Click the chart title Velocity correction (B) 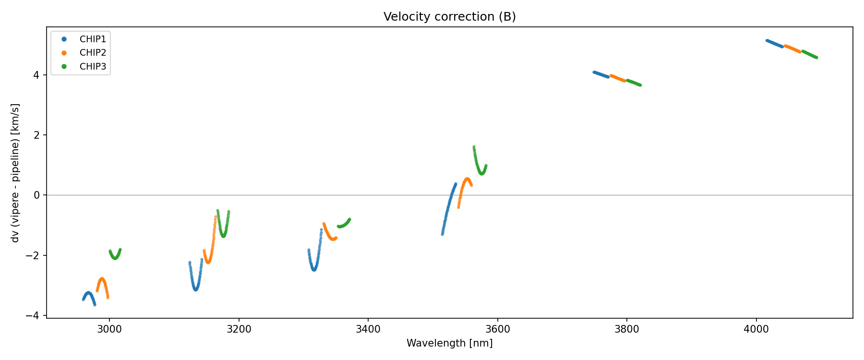pyautogui.click(x=449, y=17)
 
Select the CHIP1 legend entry pyautogui.click(x=93, y=39)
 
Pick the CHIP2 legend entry pyautogui.click(x=93, y=53)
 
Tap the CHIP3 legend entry pyautogui.click(x=93, y=67)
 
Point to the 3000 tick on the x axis pyautogui.click(x=109, y=329)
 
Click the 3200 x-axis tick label pyautogui.click(x=239, y=329)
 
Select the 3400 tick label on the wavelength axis pyautogui.click(x=368, y=329)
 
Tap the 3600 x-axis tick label pyautogui.click(x=498, y=329)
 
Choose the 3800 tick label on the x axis pyautogui.click(x=627, y=329)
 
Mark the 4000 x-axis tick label pyautogui.click(x=756, y=329)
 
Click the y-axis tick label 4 pyautogui.click(x=36, y=75)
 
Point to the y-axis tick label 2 pyautogui.click(x=36, y=135)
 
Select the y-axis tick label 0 pyautogui.click(x=36, y=195)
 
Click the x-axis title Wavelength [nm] pyautogui.click(x=449, y=343)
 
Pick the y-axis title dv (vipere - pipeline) pyautogui.click(x=15, y=173)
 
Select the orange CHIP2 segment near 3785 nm pyautogui.click(x=617, y=78)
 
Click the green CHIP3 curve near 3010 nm pyautogui.click(x=115, y=258)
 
